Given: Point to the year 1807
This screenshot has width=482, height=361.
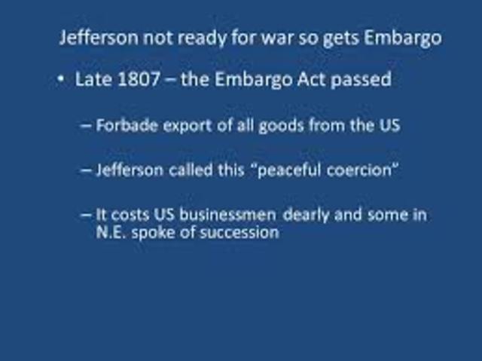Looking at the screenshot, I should click(x=139, y=79).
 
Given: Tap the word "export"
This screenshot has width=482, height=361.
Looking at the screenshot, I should click(x=191, y=126).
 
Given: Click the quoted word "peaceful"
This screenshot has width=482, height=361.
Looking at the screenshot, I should click(x=293, y=170).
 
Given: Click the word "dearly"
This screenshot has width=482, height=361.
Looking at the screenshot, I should click(x=310, y=216).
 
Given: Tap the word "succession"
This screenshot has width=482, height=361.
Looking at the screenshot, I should click(x=239, y=232).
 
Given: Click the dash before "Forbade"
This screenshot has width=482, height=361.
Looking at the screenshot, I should click(x=87, y=126).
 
